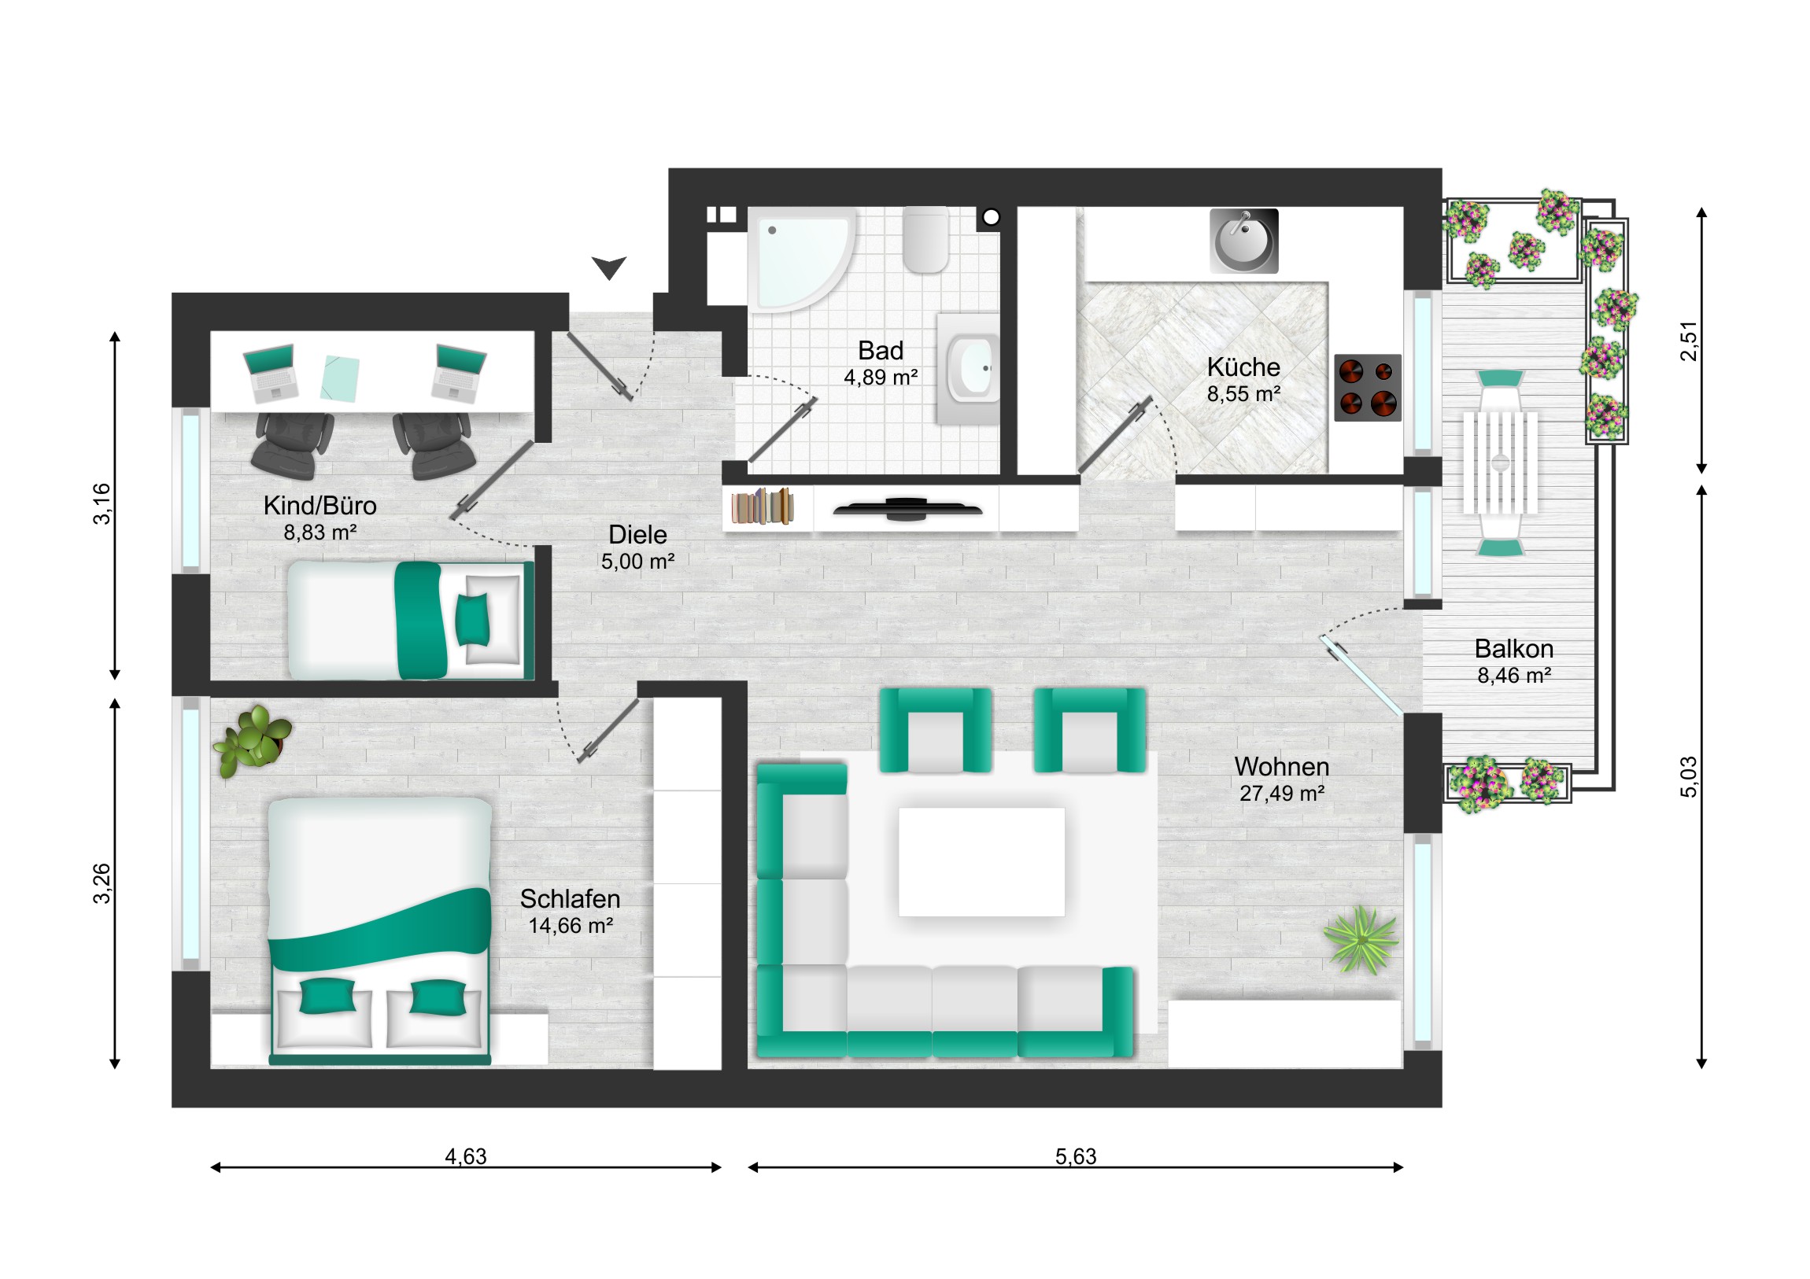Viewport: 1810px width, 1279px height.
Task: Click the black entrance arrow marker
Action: click(609, 267)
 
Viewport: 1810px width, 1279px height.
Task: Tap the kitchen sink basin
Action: click(1243, 241)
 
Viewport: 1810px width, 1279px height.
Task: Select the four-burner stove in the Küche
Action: click(1368, 388)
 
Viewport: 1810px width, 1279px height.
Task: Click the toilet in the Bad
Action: click(925, 239)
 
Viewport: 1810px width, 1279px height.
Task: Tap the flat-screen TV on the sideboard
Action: click(907, 510)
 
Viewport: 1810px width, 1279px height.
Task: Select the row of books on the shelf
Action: click(762, 506)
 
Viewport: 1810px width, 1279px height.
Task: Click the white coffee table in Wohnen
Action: click(981, 861)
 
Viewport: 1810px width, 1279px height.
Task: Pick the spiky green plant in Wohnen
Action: click(1361, 940)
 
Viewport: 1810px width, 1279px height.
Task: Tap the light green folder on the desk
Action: click(340, 378)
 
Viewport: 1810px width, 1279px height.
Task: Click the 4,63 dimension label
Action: click(466, 1156)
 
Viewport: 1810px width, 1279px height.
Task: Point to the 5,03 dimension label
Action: click(1688, 776)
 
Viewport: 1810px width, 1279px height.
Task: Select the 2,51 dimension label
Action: click(1688, 341)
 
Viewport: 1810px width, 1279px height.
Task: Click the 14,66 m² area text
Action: click(571, 925)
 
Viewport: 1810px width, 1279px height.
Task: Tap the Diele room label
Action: click(637, 534)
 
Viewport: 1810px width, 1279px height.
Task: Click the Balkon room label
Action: click(1514, 649)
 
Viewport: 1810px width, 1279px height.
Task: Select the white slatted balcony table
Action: click(1500, 463)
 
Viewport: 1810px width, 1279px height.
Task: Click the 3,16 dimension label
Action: click(102, 503)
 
